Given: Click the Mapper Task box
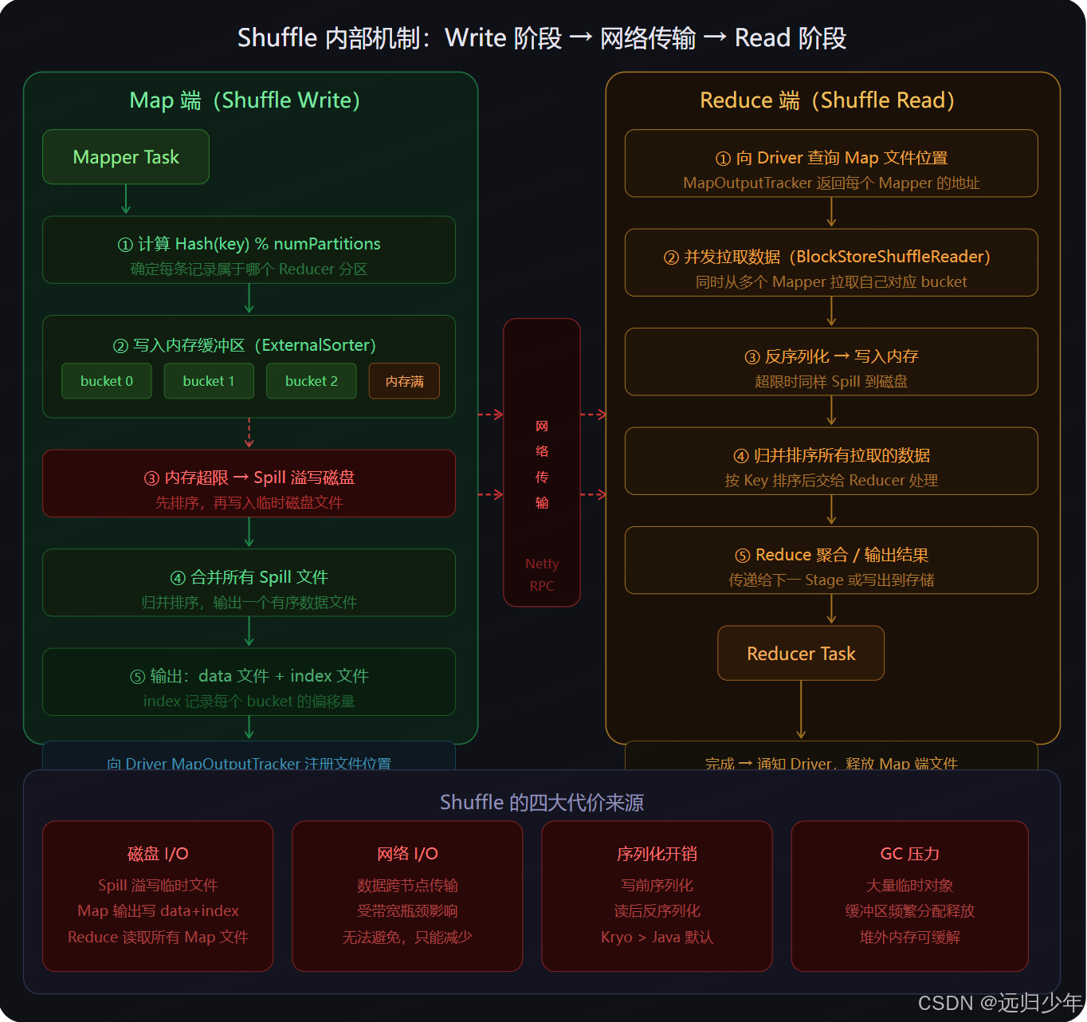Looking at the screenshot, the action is click(x=126, y=157).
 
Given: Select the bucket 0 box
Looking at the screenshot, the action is click(x=107, y=381).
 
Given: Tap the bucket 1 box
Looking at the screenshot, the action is click(x=209, y=381).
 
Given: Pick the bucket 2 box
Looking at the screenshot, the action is click(x=312, y=381).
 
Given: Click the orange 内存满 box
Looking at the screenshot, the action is click(x=404, y=381).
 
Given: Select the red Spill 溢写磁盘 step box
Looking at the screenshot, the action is click(x=249, y=484).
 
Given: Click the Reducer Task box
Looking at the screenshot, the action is click(x=801, y=654).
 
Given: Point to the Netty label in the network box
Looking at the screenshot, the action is click(x=542, y=564).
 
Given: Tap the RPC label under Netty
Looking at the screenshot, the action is click(x=542, y=586).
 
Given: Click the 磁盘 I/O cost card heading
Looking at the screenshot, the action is click(x=158, y=854).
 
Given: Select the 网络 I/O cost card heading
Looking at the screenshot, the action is click(x=407, y=854).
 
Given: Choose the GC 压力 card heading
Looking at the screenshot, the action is click(x=909, y=854).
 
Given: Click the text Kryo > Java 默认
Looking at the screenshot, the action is click(x=657, y=937).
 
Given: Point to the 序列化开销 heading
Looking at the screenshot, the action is click(x=657, y=854).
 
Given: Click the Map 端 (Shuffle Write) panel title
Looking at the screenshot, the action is click(x=245, y=100).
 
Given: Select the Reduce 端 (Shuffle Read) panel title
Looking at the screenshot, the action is click(x=827, y=100).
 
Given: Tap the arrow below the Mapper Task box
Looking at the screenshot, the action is click(x=126, y=200).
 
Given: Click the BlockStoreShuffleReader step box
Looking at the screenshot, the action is click(x=831, y=263).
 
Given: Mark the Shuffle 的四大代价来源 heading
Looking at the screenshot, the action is click(x=542, y=802).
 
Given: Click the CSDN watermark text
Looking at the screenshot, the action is click(x=999, y=1003).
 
